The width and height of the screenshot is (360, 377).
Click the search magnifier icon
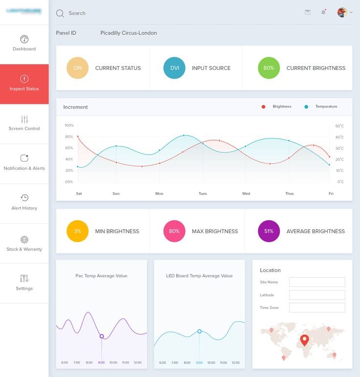point(60,13)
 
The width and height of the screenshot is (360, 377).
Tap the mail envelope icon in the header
point(308,12)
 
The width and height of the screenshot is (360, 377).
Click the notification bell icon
point(323,12)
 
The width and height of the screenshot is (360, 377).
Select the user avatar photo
point(342,13)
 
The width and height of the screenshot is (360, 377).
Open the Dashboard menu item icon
point(24,39)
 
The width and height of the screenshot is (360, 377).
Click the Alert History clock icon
point(24,198)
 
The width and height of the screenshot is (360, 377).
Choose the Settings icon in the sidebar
point(24,278)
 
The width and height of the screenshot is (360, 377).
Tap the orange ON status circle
point(78,68)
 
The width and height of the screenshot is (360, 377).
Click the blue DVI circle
point(175,68)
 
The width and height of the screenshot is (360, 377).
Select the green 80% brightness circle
point(269,68)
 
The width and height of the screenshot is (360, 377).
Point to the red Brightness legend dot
point(263,107)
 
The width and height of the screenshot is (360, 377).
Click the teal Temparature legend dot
point(306,107)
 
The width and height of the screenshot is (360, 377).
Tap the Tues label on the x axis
point(202,193)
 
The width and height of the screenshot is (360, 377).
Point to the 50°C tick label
point(339,126)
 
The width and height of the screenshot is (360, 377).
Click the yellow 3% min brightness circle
point(78,231)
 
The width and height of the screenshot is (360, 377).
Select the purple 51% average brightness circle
point(269,231)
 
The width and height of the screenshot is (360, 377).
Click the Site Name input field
point(317,282)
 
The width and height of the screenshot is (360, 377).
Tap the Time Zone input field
point(317,307)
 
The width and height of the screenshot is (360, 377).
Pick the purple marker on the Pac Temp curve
point(102,336)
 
